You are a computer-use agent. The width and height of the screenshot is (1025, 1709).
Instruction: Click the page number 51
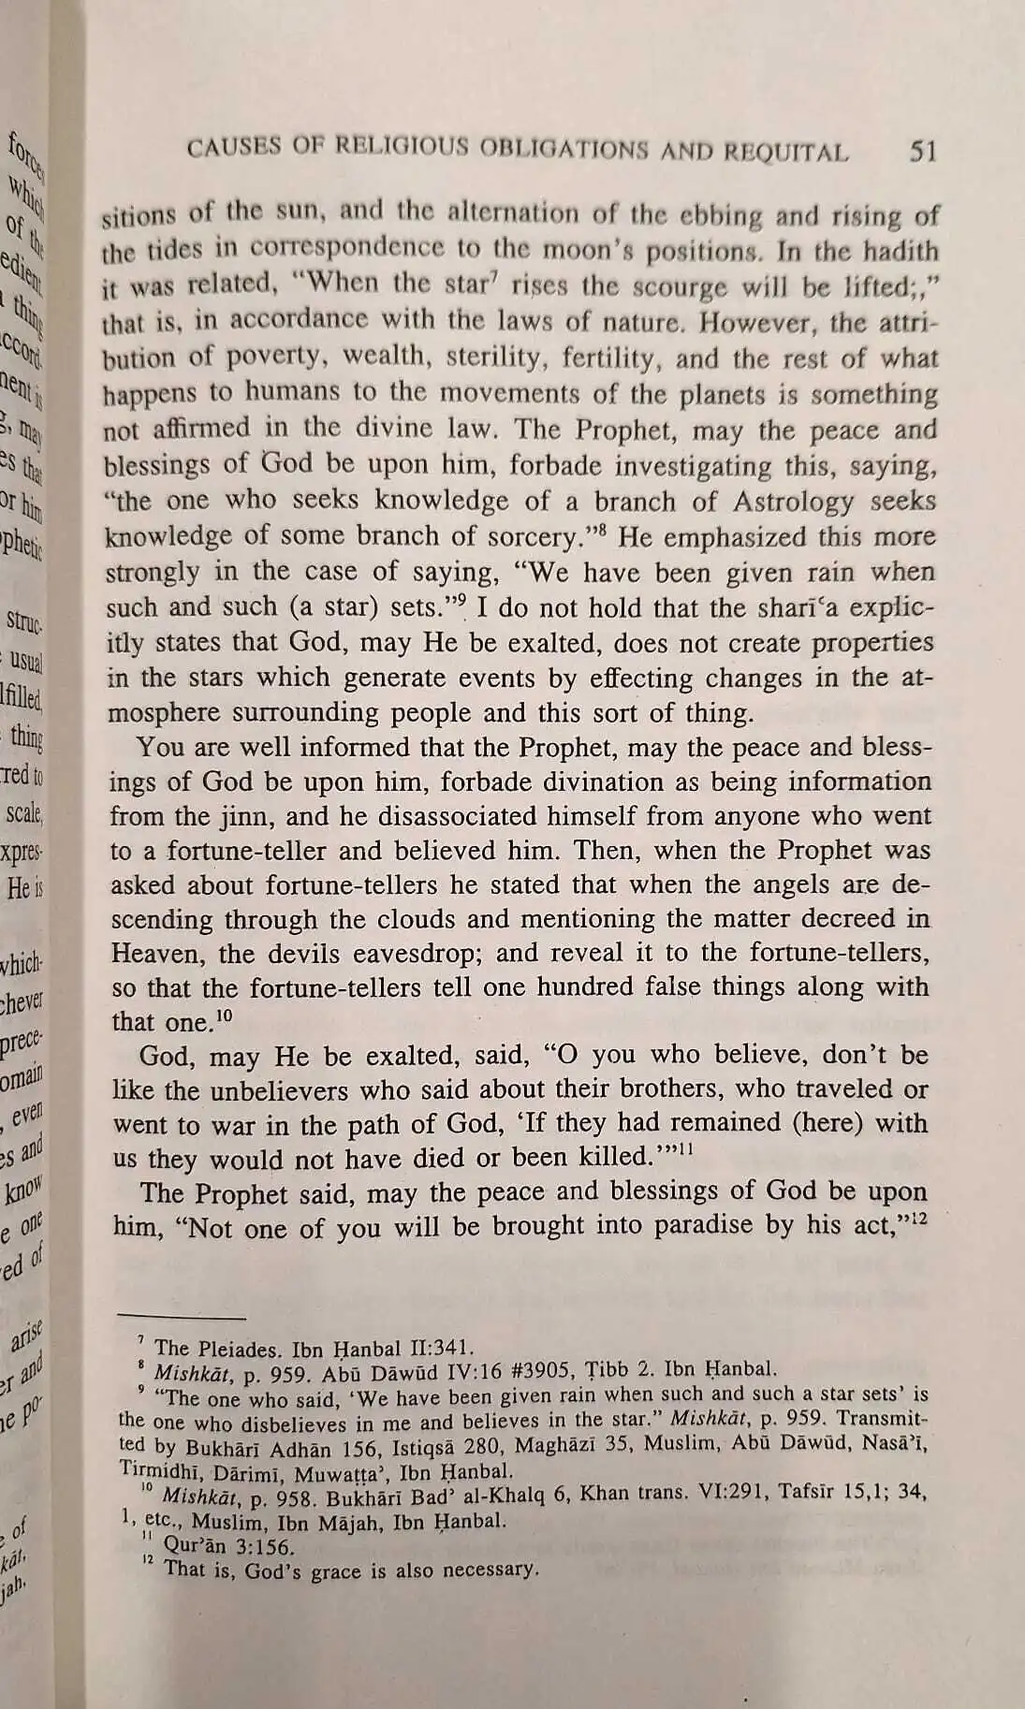pyautogui.click(x=922, y=152)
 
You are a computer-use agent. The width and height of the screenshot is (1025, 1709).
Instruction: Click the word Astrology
pyautogui.click(x=793, y=502)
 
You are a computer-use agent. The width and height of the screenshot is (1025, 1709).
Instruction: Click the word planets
pyautogui.click(x=718, y=394)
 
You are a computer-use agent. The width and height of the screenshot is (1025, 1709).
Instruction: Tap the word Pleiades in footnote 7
pyautogui.click(x=236, y=1350)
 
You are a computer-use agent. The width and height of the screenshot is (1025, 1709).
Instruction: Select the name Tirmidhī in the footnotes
pyautogui.click(x=159, y=1471)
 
